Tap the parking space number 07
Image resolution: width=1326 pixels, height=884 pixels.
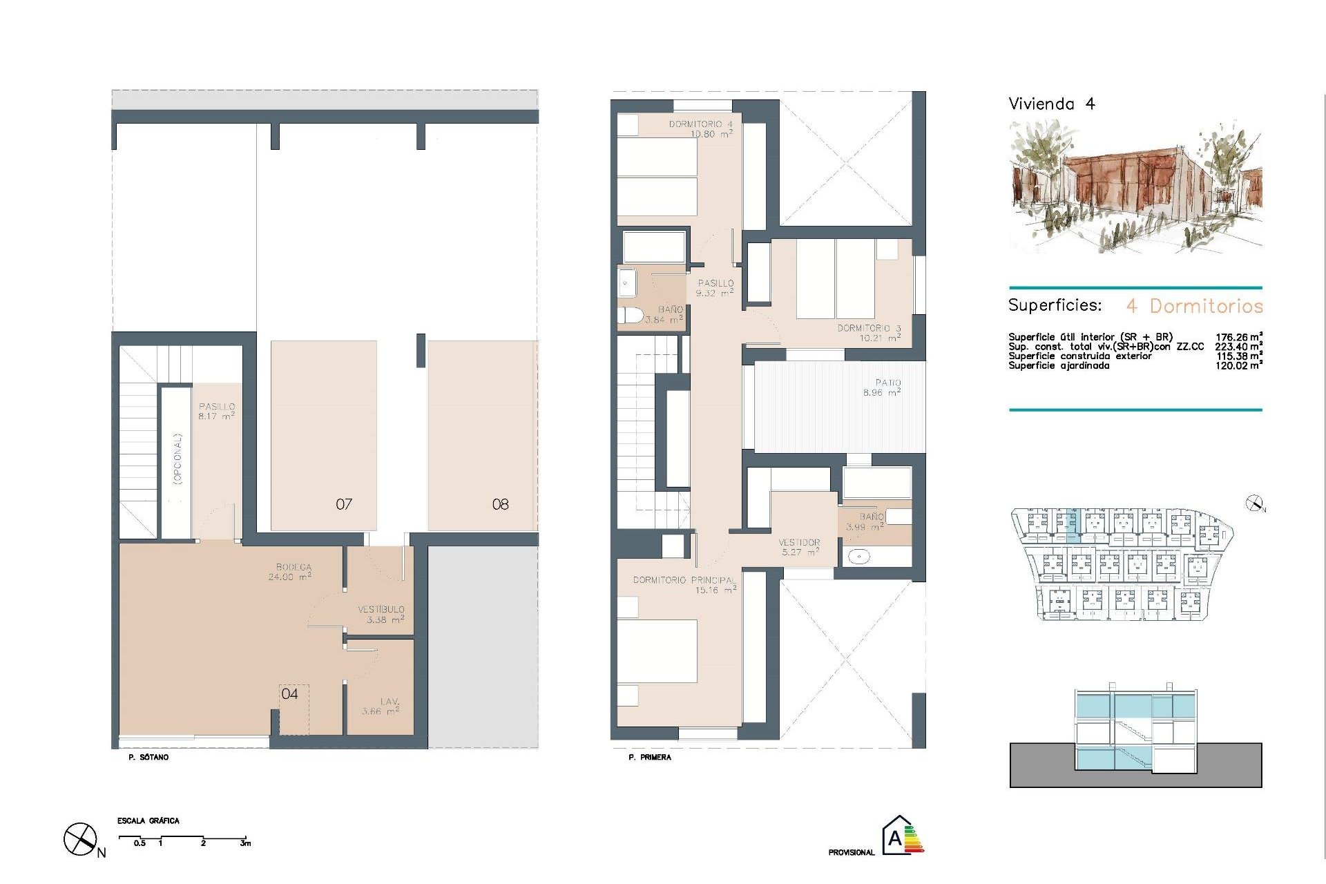pyautogui.click(x=344, y=505)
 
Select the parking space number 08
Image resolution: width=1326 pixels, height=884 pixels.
pyautogui.click(x=500, y=505)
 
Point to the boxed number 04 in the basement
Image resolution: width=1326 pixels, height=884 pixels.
pyautogui.click(x=290, y=694)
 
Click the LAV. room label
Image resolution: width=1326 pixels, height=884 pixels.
pyautogui.click(x=389, y=702)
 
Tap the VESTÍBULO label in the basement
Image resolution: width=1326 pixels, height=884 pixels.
pyautogui.click(x=381, y=610)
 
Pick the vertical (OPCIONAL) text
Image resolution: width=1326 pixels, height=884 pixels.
pyautogui.click(x=177, y=459)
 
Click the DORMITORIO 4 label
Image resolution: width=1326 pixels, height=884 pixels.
pyautogui.click(x=700, y=124)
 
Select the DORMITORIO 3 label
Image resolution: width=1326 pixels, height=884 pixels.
pyautogui.click(x=869, y=328)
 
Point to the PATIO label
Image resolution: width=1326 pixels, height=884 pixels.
pyautogui.click(x=888, y=383)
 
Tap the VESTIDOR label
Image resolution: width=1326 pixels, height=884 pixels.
pyautogui.click(x=800, y=543)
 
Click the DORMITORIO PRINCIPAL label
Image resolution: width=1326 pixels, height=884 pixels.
pyautogui.click(x=683, y=580)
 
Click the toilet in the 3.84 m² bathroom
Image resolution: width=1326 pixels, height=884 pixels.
pyautogui.click(x=628, y=316)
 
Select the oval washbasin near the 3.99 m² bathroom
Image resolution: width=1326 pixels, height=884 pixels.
pyautogui.click(x=858, y=556)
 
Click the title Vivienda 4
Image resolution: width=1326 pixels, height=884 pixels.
pyautogui.click(x=1051, y=104)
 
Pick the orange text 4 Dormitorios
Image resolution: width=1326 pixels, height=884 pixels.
pyautogui.click(x=1194, y=306)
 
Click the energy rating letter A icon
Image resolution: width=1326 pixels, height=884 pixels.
pyautogui.click(x=896, y=838)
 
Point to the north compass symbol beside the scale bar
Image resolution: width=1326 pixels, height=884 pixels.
pyautogui.click(x=80, y=840)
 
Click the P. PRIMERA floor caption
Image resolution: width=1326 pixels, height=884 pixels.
pyautogui.click(x=649, y=758)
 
